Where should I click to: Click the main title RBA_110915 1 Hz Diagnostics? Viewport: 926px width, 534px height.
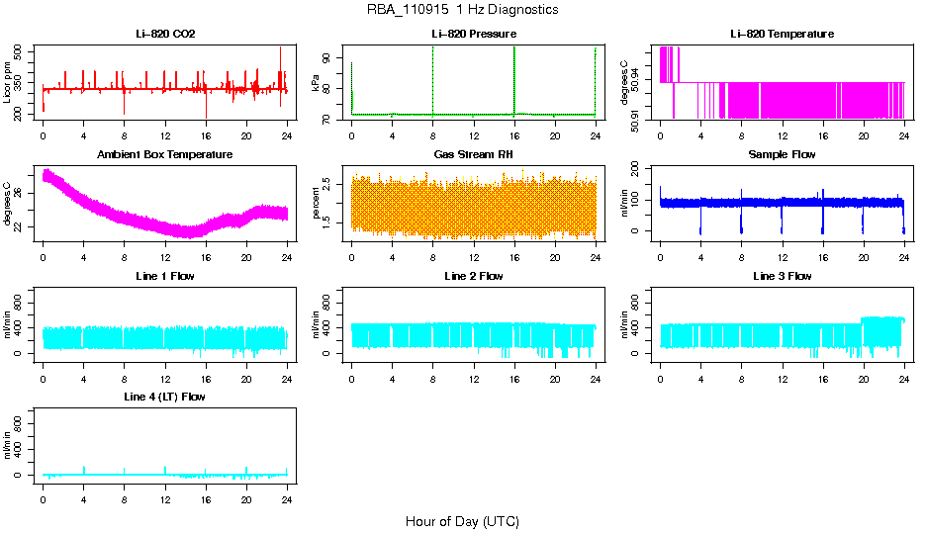[462, 10]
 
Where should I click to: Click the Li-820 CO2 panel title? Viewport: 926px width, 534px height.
[165, 34]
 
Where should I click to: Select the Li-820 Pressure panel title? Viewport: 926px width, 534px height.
[473, 34]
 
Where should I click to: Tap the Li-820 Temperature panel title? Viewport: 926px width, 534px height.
[782, 34]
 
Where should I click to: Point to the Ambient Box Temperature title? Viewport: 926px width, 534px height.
[165, 154]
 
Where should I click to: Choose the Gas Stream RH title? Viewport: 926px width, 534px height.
[473, 154]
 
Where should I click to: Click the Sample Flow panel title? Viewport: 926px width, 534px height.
[782, 154]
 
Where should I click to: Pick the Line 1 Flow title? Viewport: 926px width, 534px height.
[165, 276]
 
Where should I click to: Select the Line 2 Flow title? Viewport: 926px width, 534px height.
[473, 276]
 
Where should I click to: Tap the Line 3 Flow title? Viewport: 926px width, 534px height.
[782, 276]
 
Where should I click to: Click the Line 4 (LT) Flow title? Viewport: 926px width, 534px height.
[165, 397]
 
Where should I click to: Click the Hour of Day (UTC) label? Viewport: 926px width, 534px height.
[462, 521]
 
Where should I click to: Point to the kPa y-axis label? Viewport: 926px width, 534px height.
[316, 85]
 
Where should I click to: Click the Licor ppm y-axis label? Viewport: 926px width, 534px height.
[8, 83]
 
